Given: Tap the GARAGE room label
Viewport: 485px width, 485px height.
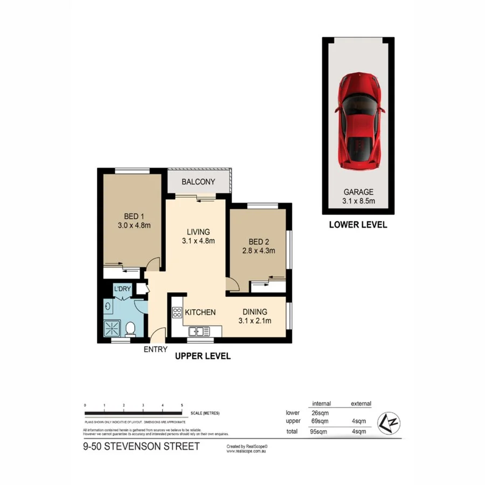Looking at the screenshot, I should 359,192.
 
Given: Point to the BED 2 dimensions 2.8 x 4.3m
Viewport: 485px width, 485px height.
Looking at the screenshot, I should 257,251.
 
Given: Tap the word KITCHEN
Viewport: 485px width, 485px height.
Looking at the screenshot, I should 200,312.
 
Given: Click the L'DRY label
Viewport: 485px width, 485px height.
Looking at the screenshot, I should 122,289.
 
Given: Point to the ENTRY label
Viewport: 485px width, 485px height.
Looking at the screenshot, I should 156,349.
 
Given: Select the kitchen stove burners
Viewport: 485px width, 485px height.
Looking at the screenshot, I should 177,313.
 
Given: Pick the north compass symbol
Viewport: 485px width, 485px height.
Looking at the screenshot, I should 387,422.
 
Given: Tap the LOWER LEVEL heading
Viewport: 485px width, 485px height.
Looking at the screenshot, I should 358,225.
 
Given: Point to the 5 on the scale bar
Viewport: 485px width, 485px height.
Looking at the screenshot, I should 182,405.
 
